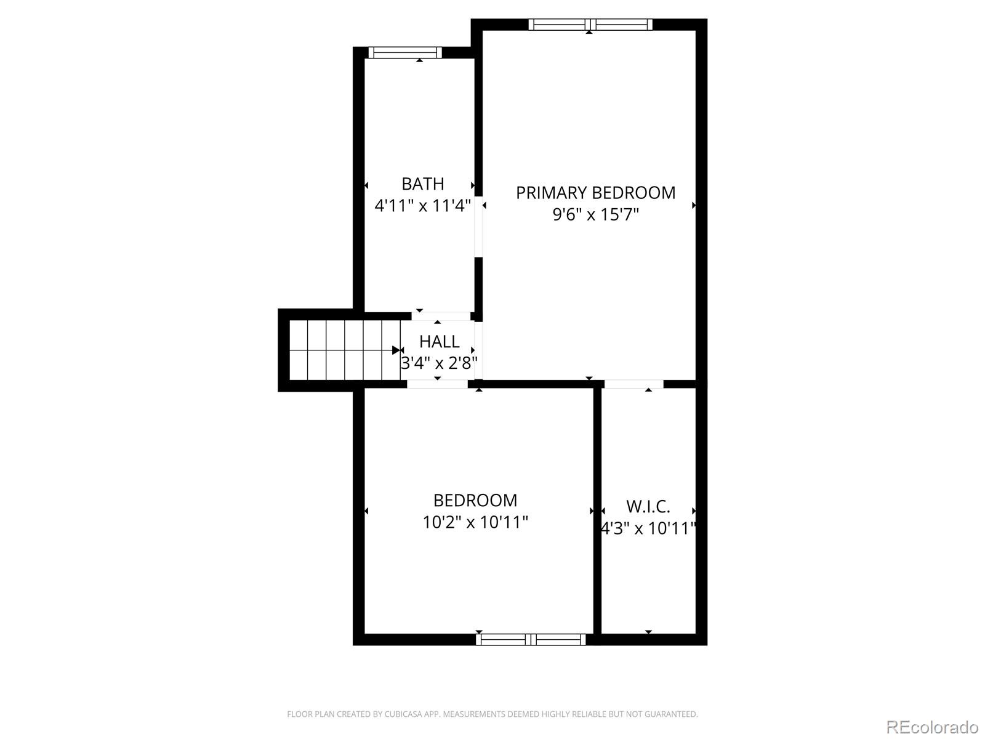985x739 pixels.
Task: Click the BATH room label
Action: [x=422, y=184]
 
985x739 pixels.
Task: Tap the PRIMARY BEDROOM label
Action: [x=595, y=193]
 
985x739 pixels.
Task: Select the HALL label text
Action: [x=439, y=342]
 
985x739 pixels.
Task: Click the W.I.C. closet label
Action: [x=648, y=507]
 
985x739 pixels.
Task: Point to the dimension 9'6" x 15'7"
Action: [x=595, y=214]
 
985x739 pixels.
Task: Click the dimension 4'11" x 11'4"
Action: [x=422, y=206]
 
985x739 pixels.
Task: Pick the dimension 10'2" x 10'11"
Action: [x=475, y=522]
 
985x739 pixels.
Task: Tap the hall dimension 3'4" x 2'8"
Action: [x=439, y=363]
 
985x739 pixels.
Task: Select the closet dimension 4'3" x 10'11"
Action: [x=648, y=528]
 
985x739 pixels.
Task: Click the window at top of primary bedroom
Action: [x=590, y=24]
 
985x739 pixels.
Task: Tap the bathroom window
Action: [x=404, y=52]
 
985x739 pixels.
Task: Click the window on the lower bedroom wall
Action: [x=531, y=639]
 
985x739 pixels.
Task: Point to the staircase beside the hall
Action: [x=345, y=350]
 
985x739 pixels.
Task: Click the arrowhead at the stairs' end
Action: [x=396, y=350]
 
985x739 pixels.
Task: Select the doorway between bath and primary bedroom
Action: [x=478, y=227]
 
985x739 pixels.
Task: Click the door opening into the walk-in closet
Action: [x=633, y=384]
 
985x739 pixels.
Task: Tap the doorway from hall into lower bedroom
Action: [x=437, y=384]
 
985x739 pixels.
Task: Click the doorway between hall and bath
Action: [x=441, y=317]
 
